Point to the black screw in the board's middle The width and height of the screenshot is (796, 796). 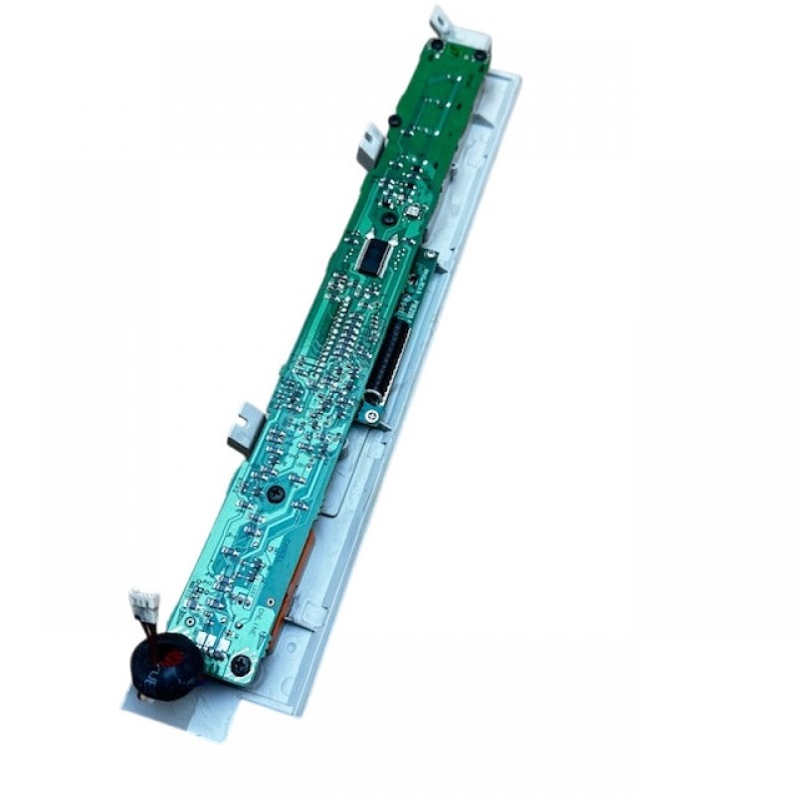click(x=278, y=493)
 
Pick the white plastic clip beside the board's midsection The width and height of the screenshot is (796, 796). click(x=243, y=426)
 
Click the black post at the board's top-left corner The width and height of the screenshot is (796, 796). click(x=437, y=45)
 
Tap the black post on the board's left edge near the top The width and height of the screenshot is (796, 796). click(x=394, y=121)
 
